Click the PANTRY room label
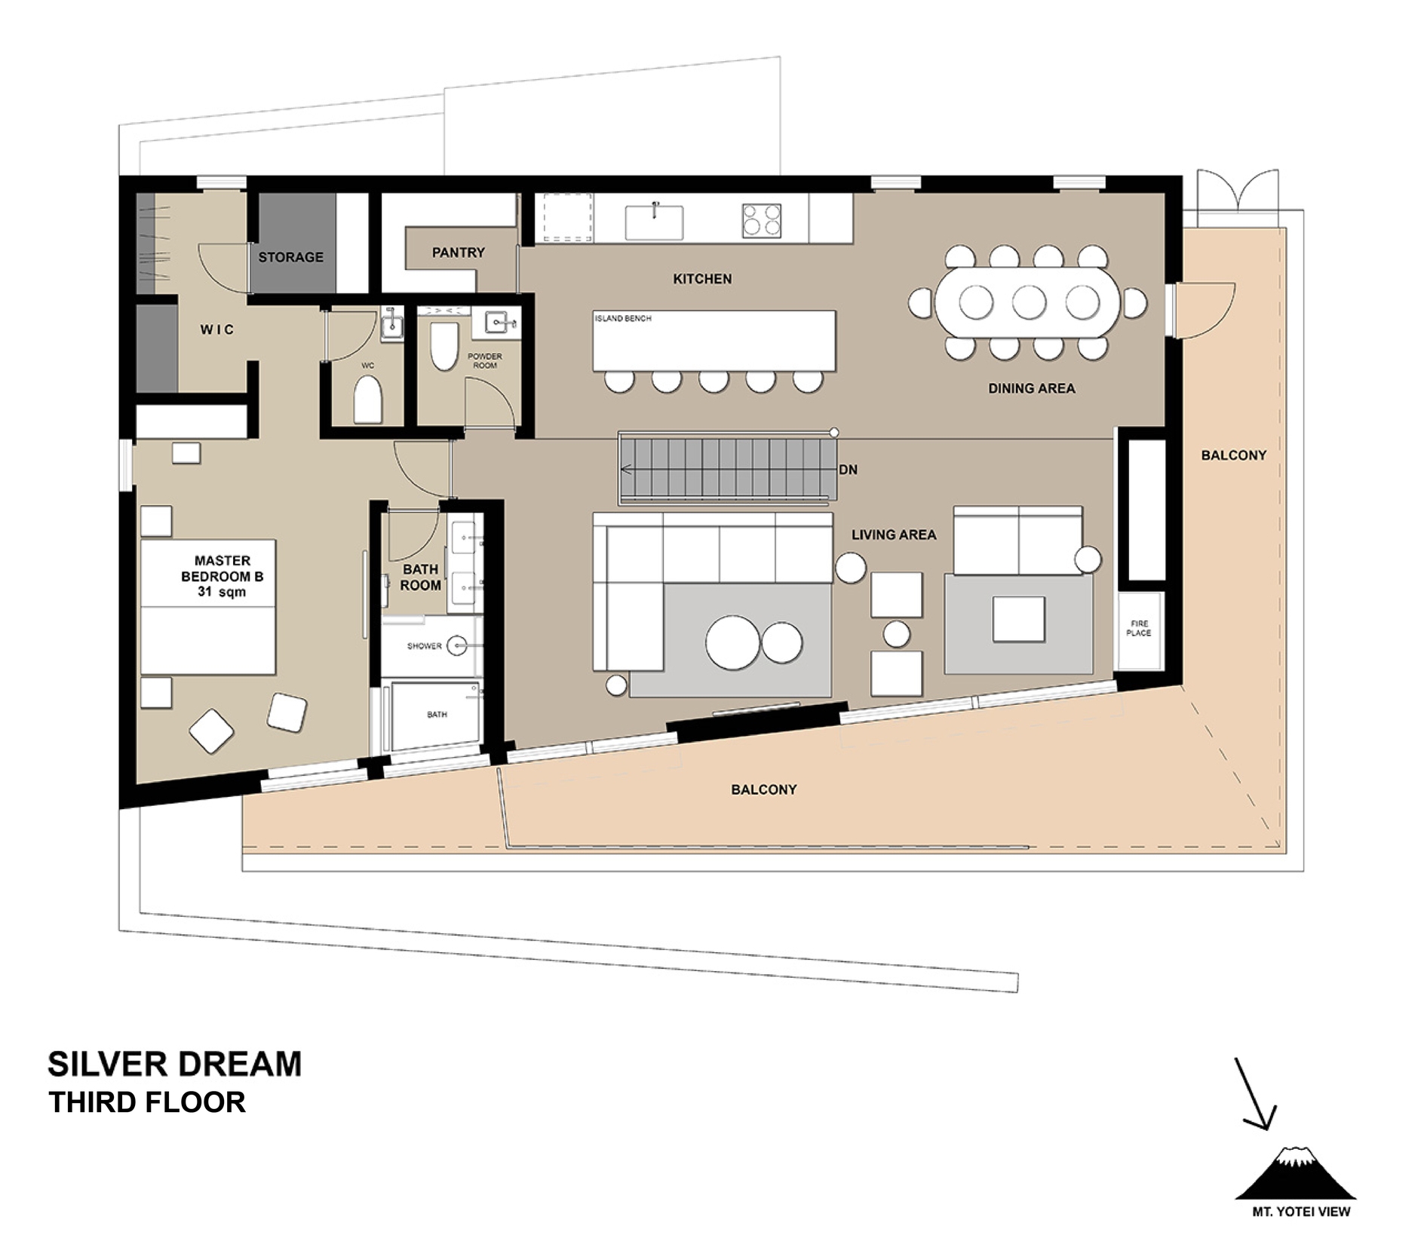(x=458, y=253)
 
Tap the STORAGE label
(x=290, y=257)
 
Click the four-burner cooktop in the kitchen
(x=761, y=220)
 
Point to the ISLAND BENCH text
(x=623, y=318)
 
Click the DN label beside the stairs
(x=848, y=470)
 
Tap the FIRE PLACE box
(x=1139, y=630)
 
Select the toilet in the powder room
(x=444, y=346)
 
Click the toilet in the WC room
(x=368, y=399)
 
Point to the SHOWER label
(x=424, y=646)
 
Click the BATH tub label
(x=437, y=714)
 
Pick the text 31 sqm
(x=222, y=592)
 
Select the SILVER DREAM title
(x=174, y=1064)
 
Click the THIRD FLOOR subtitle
(x=147, y=1102)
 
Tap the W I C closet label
(x=216, y=329)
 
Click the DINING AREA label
(x=1031, y=388)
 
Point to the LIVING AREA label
(x=894, y=535)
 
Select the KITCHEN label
(x=702, y=279)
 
